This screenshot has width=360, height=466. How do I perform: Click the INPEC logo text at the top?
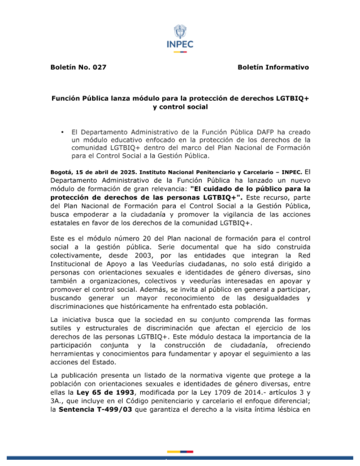[x=180, y=44]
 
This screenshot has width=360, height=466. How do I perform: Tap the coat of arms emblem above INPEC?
[x=180, y=31]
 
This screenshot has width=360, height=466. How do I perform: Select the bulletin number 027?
[x=99, y=67]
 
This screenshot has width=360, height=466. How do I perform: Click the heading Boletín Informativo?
[x=273, y=67]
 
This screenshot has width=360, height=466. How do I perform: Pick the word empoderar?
[x=88, y=214]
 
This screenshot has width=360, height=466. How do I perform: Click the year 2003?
[x=143, y=255]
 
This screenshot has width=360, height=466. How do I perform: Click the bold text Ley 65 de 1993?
[x=105, y=392]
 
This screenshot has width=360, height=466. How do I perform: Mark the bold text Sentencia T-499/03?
[x=95, y=409]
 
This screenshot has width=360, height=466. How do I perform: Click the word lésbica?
[x=288, y=409]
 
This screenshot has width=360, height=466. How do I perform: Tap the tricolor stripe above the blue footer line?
[x=180, y=452]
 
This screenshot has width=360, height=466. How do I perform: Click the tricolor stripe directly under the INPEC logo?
[x=180, y=52]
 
